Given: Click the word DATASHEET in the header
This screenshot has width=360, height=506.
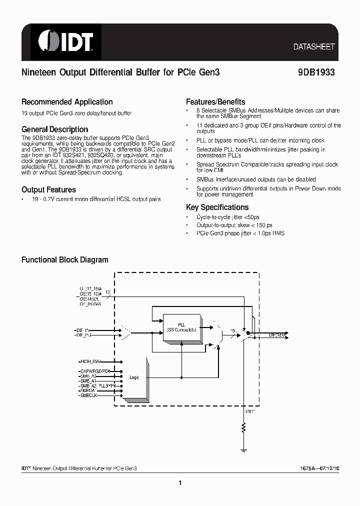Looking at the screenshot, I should (313, 46).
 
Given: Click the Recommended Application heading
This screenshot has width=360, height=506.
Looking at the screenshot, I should (67, 102).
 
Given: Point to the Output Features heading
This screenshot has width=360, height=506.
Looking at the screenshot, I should (48, 190).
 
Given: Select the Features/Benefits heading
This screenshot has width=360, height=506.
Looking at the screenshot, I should (215, 101).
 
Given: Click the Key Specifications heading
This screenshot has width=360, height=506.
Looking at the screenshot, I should (217, 207).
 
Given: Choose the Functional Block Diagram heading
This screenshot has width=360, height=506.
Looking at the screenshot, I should (64, 260).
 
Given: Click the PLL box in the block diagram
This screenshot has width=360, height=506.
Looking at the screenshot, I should (181, 327).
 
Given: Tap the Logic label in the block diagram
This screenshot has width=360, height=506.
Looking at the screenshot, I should (134, 377).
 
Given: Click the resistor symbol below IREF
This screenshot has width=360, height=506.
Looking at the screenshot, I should (243, 428).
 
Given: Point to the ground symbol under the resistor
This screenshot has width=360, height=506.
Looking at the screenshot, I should (243, 449).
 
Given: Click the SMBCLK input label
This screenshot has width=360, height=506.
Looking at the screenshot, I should (88, 395).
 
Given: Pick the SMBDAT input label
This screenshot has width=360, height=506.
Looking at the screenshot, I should (88, 390).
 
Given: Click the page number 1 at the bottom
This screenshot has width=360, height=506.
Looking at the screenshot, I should (179, 483).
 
